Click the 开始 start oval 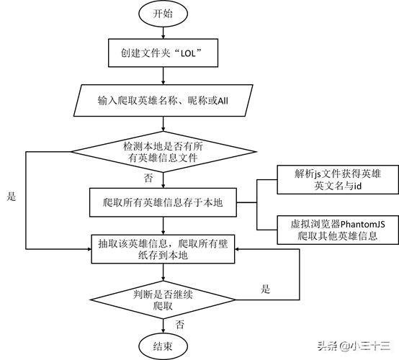(x=163, y=14)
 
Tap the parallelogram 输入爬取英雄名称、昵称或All (x=163, y=101)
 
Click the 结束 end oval (x=163, y=346)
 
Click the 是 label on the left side (x=10, y=196)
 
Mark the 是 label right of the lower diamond (x=266, y=289)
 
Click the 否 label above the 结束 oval (x=179, y=324)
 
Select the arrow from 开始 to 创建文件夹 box (x=163, y=33)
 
